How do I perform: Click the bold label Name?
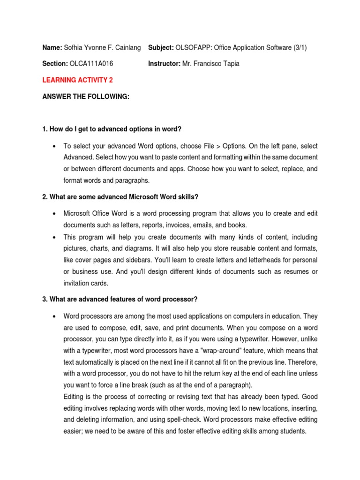tap(52, 48)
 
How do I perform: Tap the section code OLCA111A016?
tap(91, 64)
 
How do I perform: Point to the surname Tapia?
tap(229, 64)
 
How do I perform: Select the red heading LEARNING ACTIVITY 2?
tap(77, 80)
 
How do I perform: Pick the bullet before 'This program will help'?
tap(55, 237)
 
